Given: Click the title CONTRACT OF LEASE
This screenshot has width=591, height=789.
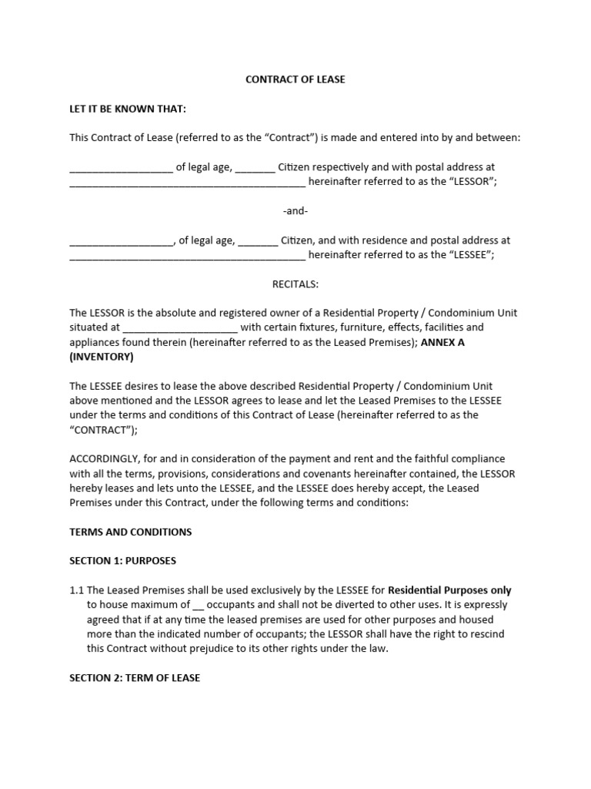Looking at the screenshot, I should point(295,79).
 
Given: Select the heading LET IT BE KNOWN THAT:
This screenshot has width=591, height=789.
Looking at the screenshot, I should point(128,109).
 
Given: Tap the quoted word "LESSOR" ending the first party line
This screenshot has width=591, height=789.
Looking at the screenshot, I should point(470,181).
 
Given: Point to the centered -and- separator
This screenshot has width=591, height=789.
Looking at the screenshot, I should point(295,210).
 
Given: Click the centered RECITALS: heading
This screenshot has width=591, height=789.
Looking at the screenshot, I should point(295,284).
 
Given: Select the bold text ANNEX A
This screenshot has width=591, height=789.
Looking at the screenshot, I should point(442,342).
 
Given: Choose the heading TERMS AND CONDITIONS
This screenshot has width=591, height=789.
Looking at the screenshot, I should point(131,532).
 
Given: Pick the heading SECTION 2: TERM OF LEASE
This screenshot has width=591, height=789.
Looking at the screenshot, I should point(135,678).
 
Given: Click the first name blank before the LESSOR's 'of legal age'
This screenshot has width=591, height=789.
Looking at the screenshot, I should point(122,166).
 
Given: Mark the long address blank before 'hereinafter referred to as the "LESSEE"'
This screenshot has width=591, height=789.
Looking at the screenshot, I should point(188,255).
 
